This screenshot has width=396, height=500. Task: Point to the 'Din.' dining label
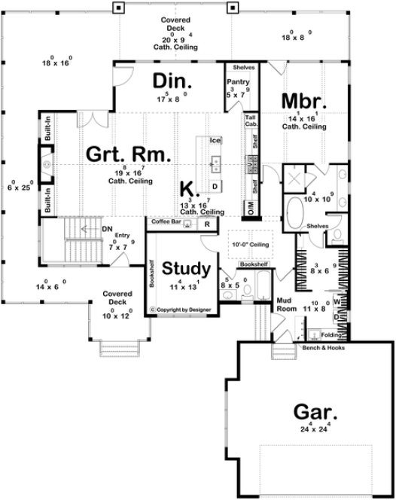point(173,81)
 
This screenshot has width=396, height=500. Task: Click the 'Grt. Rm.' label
point(126,154)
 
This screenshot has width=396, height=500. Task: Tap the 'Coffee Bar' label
point(166,223)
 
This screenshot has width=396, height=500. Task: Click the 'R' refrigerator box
point(206,224)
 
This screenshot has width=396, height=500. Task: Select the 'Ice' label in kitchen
point(215,140)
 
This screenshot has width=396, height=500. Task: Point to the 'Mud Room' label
point(283,303)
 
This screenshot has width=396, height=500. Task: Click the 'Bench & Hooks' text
point(322,349)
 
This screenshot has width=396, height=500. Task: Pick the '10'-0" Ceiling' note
point(251,244)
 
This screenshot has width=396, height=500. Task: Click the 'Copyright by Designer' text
point(181,309)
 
